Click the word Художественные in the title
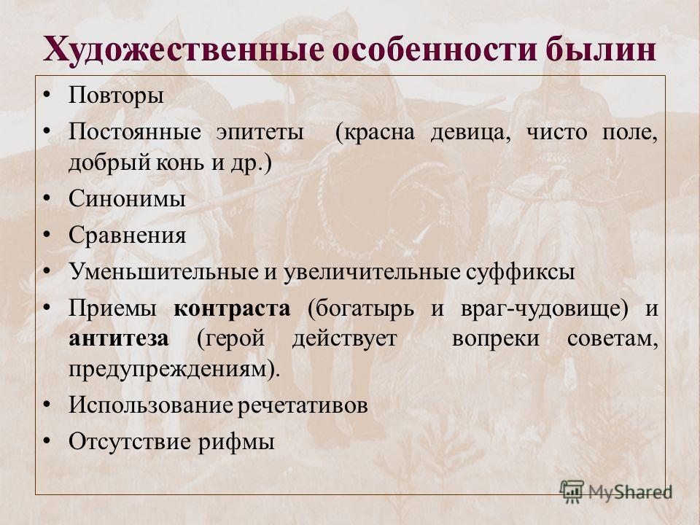[184, 49]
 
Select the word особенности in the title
[435, 49]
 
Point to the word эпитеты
[260, 132]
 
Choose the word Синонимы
[127, 198]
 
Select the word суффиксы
[521, 272]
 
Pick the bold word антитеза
[119, 339]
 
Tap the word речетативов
[303, 405]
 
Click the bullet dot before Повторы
[47, 95]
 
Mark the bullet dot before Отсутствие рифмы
[47, 440]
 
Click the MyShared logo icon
[572, 491]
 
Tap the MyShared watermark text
[630, 492]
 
